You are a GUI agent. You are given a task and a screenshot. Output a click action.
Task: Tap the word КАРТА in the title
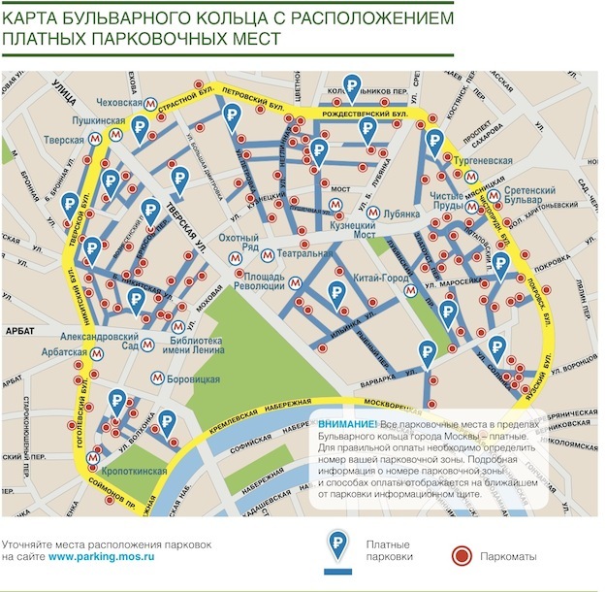click(x=34, y=16)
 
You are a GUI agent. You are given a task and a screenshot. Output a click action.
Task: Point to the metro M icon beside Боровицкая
click(x=157, y=378)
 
